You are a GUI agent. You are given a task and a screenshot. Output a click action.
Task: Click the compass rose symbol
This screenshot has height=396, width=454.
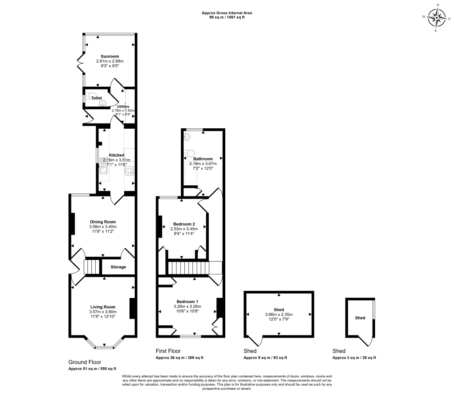coord(438,18)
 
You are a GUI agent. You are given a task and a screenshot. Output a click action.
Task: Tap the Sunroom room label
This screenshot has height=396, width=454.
coord(110,56)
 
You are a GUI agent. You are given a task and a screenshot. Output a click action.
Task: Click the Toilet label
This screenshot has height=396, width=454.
coord(97,98)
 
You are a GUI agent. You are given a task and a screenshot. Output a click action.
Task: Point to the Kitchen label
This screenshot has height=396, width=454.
coord(117,155)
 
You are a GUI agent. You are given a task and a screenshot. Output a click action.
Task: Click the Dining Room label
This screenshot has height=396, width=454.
coord(103,222)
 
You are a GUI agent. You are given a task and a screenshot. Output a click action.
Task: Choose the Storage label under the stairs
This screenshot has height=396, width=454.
coord(118,267)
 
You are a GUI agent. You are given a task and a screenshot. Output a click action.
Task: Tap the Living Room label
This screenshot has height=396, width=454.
coord(103,307)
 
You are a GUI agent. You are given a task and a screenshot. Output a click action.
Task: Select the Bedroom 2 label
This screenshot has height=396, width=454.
coord(184,224)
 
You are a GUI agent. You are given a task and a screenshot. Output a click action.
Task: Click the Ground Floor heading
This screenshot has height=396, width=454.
coord(85,362)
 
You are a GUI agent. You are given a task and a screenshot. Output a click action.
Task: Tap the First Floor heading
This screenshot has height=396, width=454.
coord(168,351)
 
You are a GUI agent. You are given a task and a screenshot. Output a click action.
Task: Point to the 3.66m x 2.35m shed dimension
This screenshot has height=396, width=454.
coord(279,315)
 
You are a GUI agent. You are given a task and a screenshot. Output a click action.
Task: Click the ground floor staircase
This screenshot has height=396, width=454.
coord(93,267)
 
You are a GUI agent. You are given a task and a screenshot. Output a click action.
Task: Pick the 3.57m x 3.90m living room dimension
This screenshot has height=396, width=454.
coord(103,312)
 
